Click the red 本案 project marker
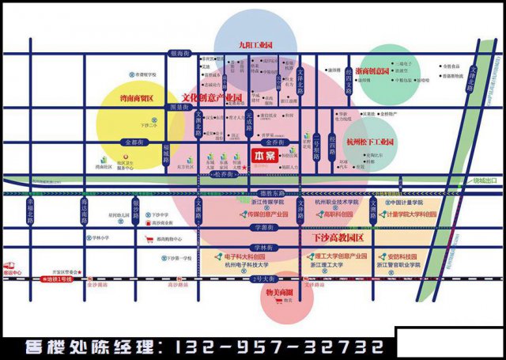pos(264,157)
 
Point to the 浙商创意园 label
pos(374,70)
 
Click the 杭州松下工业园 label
pos(371,141)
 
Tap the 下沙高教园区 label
pos(337,237)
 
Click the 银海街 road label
pos(181,54)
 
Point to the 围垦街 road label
pos(179,107)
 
